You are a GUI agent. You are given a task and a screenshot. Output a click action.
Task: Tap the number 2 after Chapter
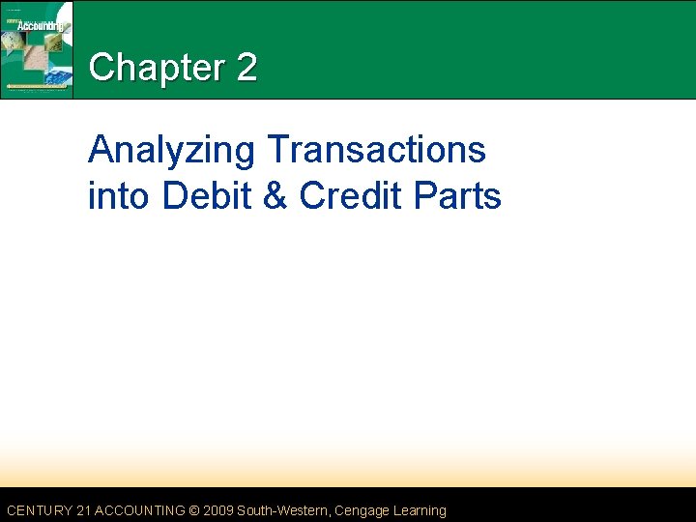[x=246, y=68]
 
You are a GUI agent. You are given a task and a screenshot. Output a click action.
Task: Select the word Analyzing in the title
[x=171, y=152]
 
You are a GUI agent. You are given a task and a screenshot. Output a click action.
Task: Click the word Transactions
[x=376, y=150]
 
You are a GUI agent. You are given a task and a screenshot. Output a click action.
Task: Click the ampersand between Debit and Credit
[x=276, y=195]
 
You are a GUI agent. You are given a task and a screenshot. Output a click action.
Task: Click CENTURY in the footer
[x=38, y=510]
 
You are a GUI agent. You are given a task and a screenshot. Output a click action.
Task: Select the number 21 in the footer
[x=82, y=510]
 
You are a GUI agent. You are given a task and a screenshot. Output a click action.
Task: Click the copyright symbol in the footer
[x=196, y=510]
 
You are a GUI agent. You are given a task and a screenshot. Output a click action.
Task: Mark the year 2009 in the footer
[x=219, y=510]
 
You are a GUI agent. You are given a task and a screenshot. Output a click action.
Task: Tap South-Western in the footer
[x=283, y=510]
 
